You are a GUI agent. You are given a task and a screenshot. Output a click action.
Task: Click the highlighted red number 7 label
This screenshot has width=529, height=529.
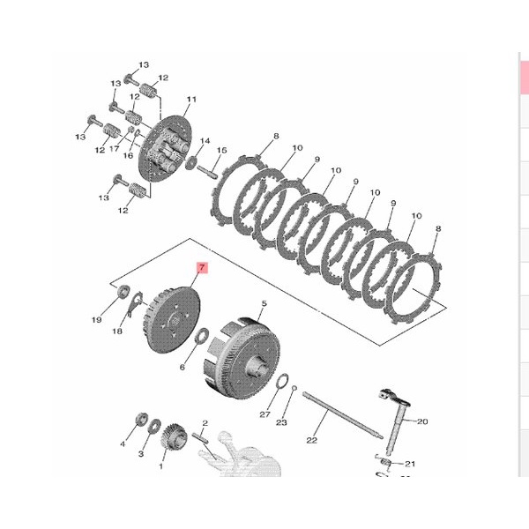[x=202, y=268]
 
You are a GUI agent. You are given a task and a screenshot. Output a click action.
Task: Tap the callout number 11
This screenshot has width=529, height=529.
[x=191, y=99]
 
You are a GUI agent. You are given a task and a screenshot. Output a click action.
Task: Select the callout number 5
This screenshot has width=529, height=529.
[x=264, y=303]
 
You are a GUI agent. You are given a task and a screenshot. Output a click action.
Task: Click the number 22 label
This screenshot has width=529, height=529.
[x=312, y=440]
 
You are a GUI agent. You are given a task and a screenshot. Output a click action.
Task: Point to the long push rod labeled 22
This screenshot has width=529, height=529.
[x=342, y=415]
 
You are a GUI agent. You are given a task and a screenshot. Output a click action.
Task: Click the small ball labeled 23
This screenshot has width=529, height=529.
[x=294, y=388]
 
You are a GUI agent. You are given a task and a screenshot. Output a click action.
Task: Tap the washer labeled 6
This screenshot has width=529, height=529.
[x=203, y=336]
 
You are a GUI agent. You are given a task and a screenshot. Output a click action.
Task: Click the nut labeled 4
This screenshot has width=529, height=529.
[x=141, y=420]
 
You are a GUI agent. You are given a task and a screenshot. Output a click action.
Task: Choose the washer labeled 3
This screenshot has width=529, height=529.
[x=155, y=426]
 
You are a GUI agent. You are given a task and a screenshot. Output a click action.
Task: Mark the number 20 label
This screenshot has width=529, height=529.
[x=422, y=421]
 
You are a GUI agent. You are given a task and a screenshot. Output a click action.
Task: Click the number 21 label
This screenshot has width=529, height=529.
[x=410, y=464]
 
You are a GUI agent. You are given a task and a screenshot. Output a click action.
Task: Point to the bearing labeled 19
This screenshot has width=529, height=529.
[x=123, y=292]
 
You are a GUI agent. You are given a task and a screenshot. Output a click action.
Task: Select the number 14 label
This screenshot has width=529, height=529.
[x=205, y=141]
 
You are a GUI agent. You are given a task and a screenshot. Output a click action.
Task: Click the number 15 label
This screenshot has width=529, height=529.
[x=221, y=150]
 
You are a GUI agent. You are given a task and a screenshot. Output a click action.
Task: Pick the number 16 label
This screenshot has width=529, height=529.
[x=128, y=155]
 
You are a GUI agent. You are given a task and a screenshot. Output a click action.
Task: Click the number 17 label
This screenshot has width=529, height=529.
[x=115, y=148]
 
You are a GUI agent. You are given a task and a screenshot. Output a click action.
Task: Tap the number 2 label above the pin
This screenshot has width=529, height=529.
[x=205, y=422]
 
